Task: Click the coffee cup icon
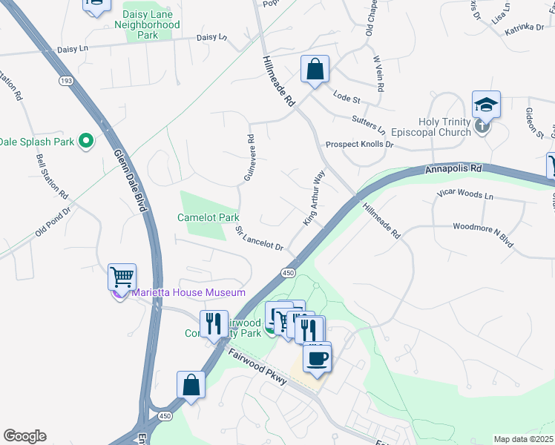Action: coord(318,358)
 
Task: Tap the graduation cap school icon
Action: coord(486,105)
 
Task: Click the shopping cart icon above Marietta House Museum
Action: coord(122,277)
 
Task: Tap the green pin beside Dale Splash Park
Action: coord(86,140)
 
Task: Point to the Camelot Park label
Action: coord(208,218)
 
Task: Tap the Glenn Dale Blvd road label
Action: coord(130,181)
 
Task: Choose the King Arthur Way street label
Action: coord(314,198)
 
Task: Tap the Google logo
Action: coord(24,436)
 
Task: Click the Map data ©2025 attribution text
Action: coord(523,439)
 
